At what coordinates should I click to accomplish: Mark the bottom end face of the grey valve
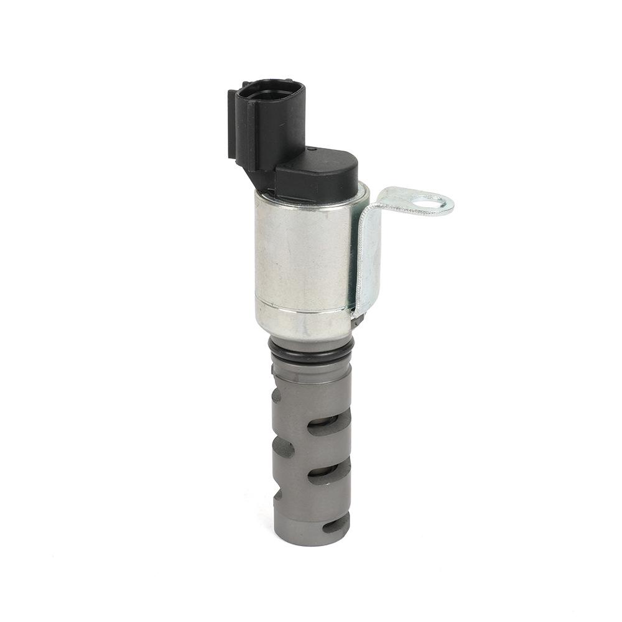click(x=311, y=540)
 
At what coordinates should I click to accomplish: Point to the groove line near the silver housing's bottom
click(x=302, y=310)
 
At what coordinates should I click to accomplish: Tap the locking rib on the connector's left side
click(x=233, y=124)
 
